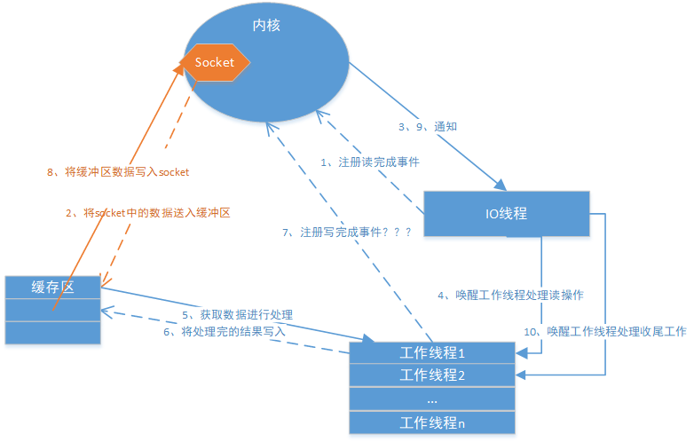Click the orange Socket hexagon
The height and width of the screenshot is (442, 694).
[215, 62]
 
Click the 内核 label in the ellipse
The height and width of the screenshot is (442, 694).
[265, 26]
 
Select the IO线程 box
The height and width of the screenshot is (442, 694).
[506, 213]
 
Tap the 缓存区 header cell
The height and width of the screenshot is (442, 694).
[53, 287]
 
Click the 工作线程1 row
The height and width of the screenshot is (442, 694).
[432, 352]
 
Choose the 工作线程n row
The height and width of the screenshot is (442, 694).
[432, 423]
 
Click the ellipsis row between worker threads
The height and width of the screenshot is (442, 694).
[432, 399]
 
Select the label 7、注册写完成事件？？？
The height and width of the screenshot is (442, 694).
[347, 232]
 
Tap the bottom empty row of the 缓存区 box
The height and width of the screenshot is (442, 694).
[53, 332]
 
